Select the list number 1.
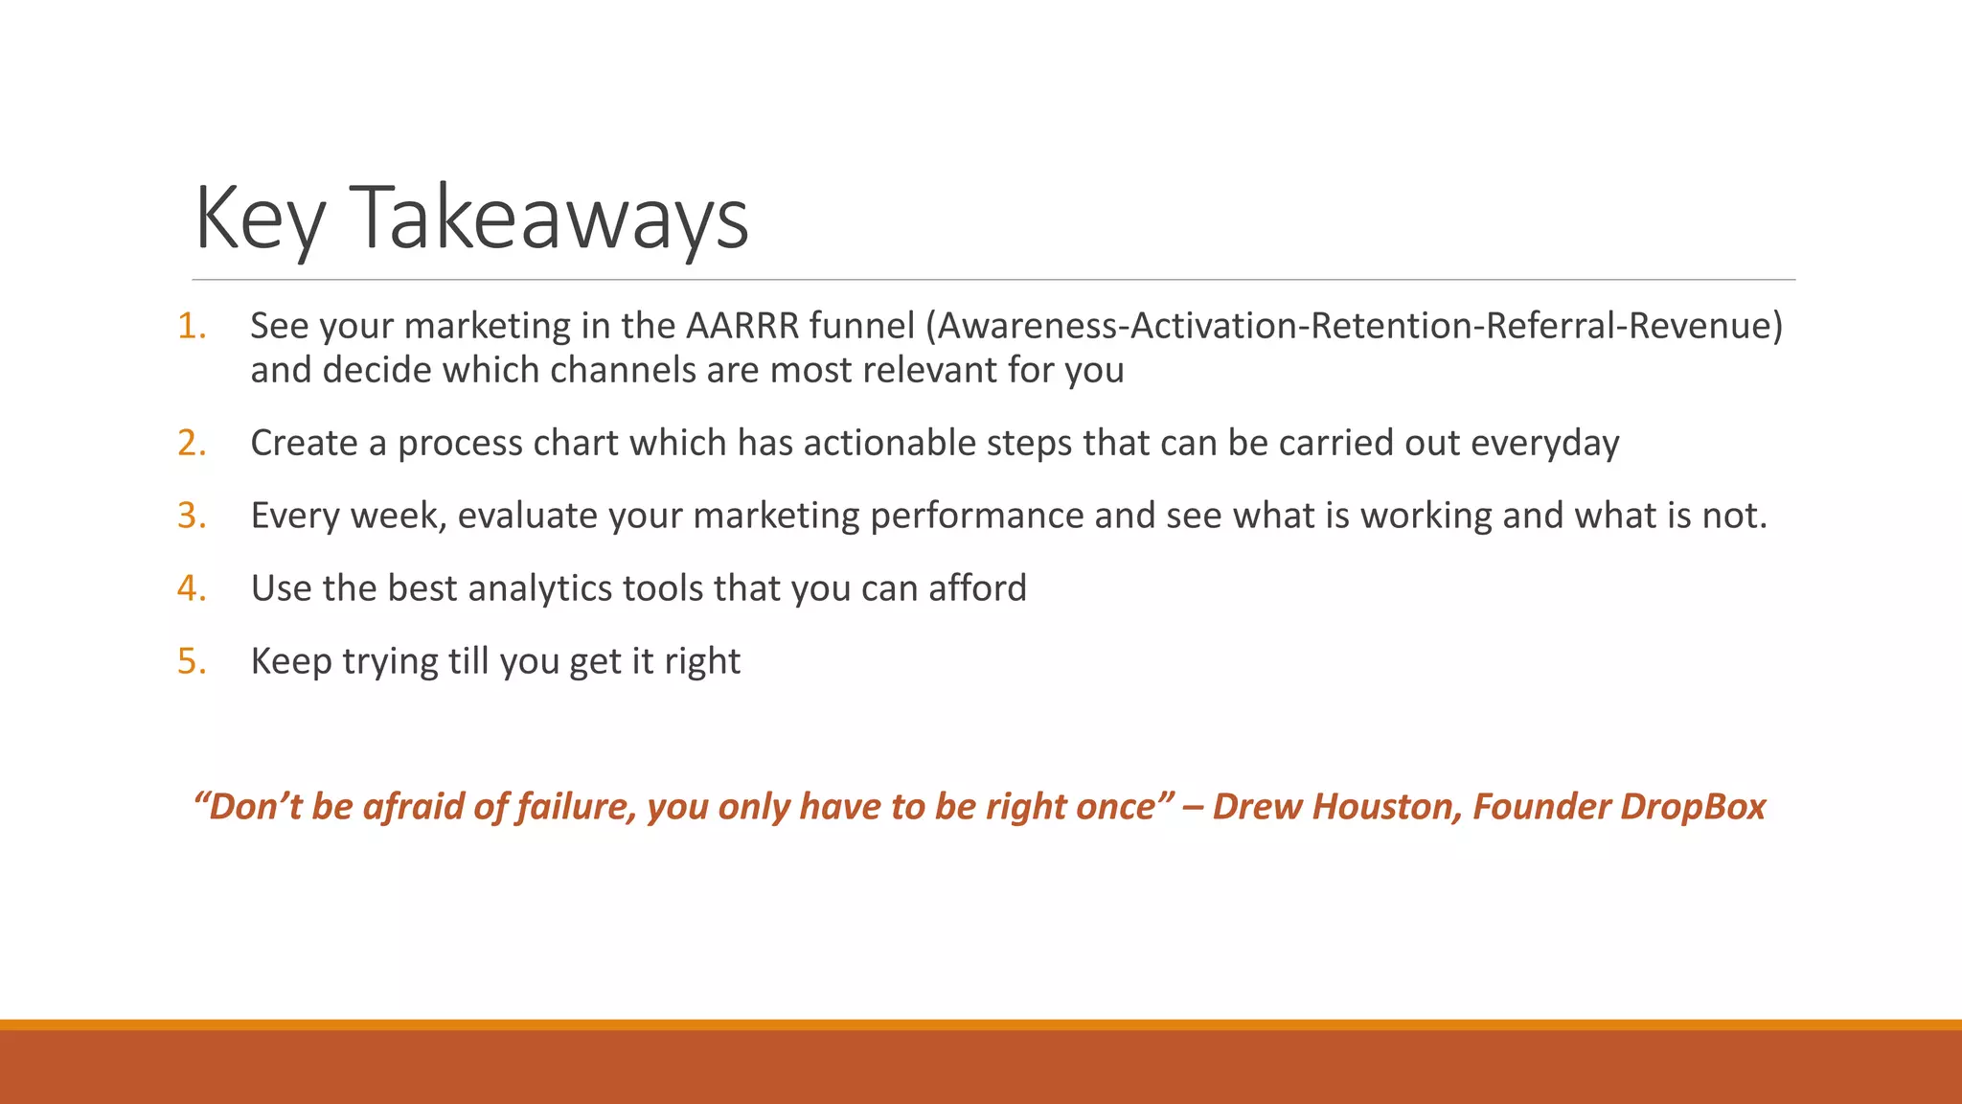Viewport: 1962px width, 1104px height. pyautogui.click(x=192, y=326)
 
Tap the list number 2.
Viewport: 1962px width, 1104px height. pyautogui.click(x=192, y=443)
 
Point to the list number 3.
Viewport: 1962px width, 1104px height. pyautogui.click(x=192, y=516)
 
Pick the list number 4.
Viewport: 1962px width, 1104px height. pyautogui.click(x=192, y=588)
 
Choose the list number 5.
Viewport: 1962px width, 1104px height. pyautogui.click(x=192, y=661)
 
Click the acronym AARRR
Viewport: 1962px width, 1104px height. pyautogui.click(x=741, y=326)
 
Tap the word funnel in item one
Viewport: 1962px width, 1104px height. pyautogui.click(x=862, y=326)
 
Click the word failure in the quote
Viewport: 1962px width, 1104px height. pyautogui.click(x=576, y=807)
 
